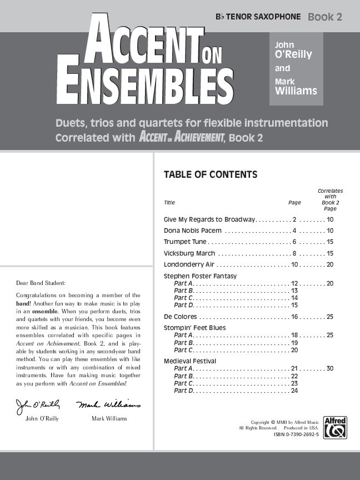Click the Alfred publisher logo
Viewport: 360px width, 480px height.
point(335,427)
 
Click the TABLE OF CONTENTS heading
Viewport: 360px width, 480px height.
point(210,174)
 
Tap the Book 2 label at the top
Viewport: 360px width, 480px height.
point(325,17)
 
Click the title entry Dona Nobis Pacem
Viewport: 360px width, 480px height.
point(193,230)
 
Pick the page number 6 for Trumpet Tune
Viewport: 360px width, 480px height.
point(294,242)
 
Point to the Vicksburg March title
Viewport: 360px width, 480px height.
point(189,253)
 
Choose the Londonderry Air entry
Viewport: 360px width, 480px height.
point(189,264)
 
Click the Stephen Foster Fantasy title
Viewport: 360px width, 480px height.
point(200,276)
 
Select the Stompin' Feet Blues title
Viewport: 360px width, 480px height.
point(194,328)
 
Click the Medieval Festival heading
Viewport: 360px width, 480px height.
point(189,361)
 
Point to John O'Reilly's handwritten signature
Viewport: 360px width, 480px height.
point(38,404)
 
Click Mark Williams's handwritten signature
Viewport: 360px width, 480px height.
point(108,404)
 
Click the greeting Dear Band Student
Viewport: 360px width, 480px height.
point(41,283)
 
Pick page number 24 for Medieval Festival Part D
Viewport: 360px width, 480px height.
point(294,391)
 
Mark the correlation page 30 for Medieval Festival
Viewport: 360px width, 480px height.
point(330,368)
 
